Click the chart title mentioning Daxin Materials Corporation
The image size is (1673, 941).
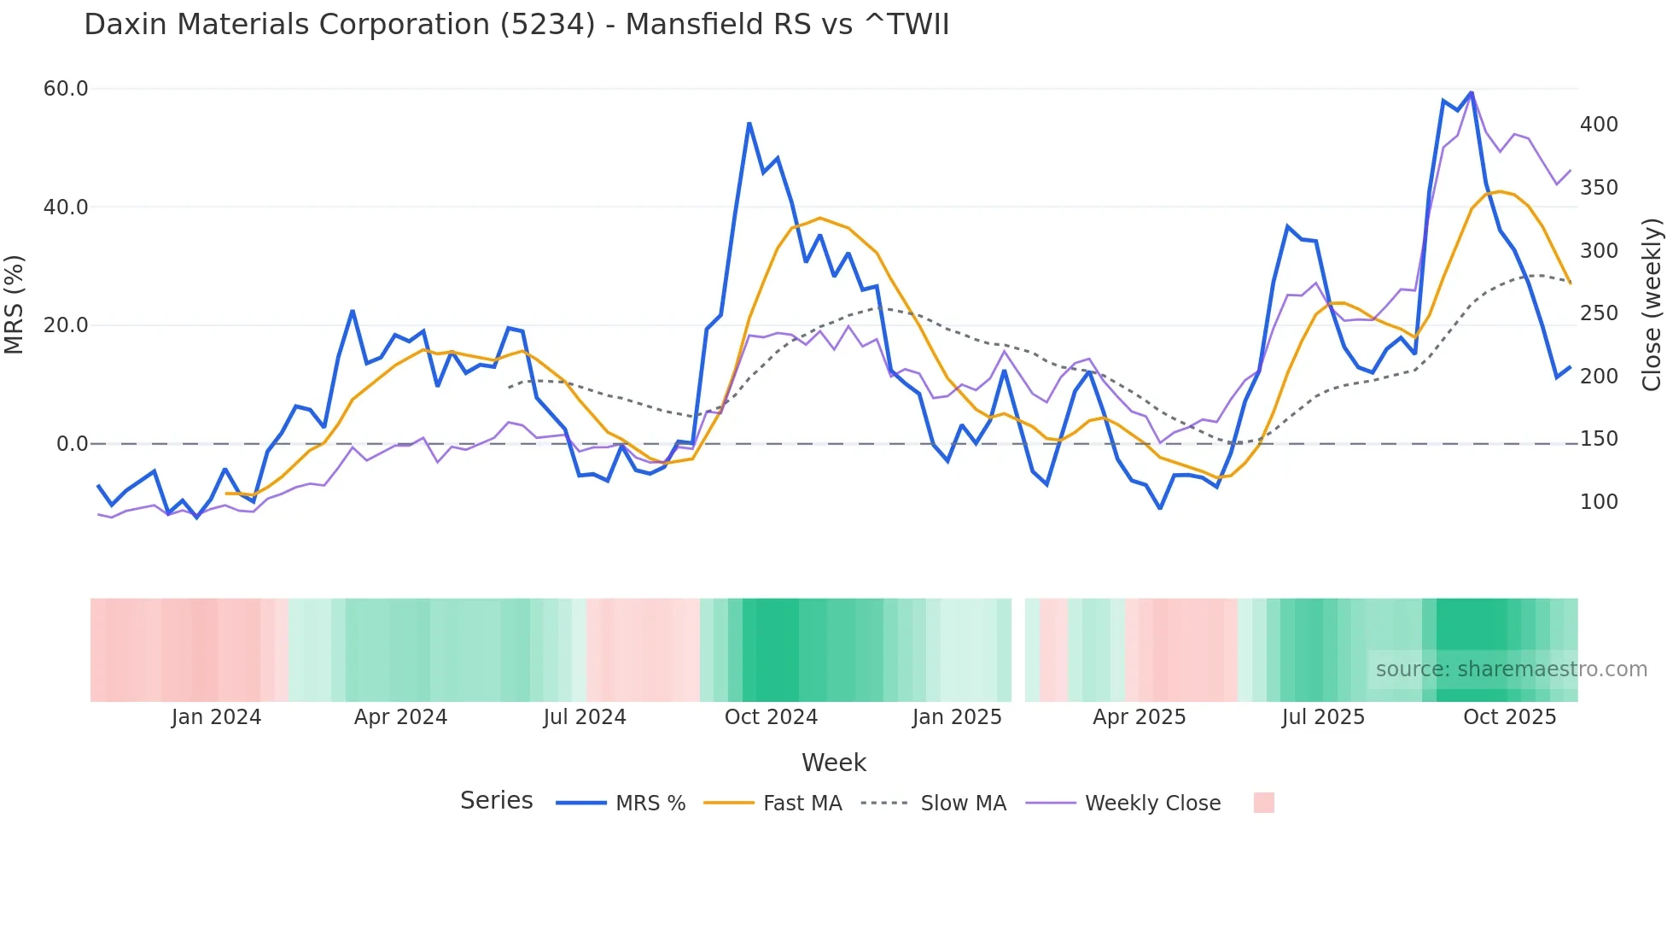click(516, 25)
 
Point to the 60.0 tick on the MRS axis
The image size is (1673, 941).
click(66, 89)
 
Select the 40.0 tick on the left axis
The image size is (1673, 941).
click(66, 207)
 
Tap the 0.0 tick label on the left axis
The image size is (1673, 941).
click(73, 444)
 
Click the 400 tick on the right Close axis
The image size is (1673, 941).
click(1599, 125)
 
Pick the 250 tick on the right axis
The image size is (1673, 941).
click(1599, 313)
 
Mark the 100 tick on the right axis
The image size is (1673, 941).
click(1599, 502)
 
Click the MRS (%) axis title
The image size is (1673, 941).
click(14, 304)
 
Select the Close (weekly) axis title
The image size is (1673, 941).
click(1652, 304)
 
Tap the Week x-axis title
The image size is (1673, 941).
click(833, 763)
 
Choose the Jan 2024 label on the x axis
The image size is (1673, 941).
click(216, 717)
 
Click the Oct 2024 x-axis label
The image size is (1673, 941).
click(771, 717)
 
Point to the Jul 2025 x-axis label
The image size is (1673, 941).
click(1323, 717)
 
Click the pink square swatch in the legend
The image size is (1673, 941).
click(1263, 803)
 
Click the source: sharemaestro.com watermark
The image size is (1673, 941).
click(1511, 669)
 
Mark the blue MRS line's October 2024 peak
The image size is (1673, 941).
click(749, 124)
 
